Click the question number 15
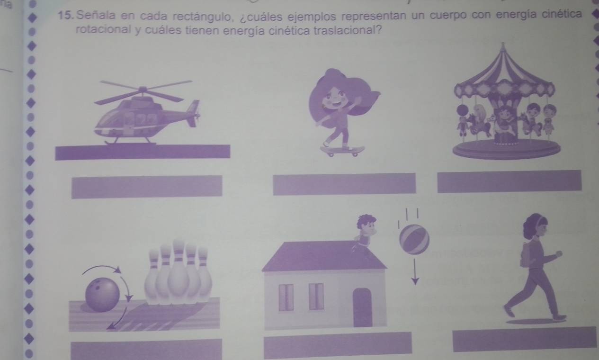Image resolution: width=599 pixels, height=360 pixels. (65, 16)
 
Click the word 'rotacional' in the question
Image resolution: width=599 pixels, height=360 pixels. (103, 29)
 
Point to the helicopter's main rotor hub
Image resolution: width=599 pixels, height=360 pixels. (143, 90)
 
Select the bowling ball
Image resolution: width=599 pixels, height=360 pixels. (102, 295)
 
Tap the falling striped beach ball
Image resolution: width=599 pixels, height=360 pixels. (414, 239)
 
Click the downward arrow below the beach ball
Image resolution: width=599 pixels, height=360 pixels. (415, 271)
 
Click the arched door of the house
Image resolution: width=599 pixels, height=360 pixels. (362, 307)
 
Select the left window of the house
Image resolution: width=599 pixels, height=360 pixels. (286, 297)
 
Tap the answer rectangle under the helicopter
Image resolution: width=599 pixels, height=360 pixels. (146, 187)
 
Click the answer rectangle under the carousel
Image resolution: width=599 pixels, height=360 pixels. (510, 181)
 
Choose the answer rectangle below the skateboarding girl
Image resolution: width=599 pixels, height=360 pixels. (344, 184)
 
